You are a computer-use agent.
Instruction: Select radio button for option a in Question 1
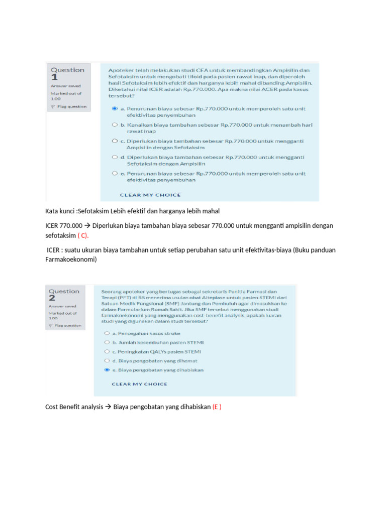point(115,108)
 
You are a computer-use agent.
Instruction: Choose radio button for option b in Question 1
point(115,124)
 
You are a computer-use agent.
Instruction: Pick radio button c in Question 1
point(115,141)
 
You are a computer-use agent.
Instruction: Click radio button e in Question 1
point(115,173)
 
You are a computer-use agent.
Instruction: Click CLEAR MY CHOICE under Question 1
point(150,195)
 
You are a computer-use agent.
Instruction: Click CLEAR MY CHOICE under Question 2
point(139,384)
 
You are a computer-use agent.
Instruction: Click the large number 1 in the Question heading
point(54,77)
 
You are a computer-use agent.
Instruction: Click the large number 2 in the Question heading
point(52,299)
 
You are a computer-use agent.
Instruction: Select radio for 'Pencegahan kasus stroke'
point(106,333)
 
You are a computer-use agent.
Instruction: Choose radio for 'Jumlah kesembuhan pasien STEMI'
point(106,342)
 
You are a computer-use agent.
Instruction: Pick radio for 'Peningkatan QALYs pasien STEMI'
point(106,351)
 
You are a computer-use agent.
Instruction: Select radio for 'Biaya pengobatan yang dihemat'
point(106,360)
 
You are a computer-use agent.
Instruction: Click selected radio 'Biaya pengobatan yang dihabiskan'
point(106,370)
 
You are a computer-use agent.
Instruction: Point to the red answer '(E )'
point(217,407)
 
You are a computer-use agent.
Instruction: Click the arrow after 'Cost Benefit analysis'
point(109,407)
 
